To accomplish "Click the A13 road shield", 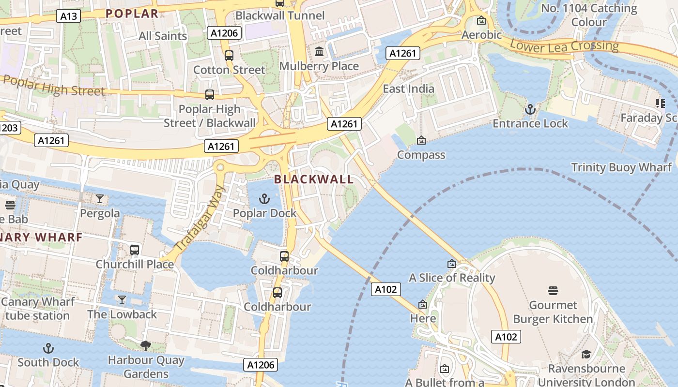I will point(68,16).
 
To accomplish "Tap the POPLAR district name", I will point(132,14).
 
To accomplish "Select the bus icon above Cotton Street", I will point(229,56).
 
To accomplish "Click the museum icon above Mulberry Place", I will point(319,52).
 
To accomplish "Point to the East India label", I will point(408,89).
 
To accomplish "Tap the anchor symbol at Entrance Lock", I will point(530,109).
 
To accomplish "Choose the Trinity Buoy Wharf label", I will point(621,168).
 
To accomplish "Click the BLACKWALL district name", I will point(314,179).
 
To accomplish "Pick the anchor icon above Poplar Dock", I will point(264,199).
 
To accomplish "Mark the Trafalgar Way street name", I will point(200,218).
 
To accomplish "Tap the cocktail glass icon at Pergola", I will point(100,199).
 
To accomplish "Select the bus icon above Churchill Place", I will point(135,250).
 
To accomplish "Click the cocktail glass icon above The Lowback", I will point(122,300).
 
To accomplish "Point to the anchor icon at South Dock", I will point(48,348).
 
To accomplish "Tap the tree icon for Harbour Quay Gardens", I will point(145,345).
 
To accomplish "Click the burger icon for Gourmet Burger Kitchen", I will point(553,291).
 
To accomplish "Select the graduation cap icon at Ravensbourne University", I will point(586,355).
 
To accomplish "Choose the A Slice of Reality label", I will point(452,278).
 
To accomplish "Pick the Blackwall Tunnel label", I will point(280,15).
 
